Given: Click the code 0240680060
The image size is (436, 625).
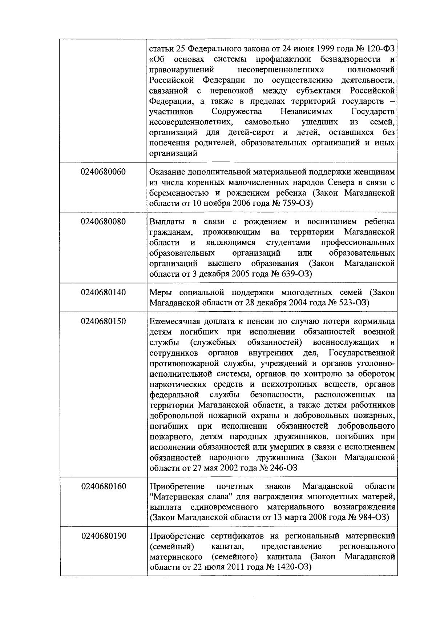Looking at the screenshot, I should point(104,172).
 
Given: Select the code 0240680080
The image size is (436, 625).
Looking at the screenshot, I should point(104,222).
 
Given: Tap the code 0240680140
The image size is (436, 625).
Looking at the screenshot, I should point(104,292).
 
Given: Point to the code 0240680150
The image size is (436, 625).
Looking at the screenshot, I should point(104,321).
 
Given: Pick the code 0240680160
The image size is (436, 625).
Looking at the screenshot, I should point(104,486).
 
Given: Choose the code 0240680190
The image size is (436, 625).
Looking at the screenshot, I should point(104,536).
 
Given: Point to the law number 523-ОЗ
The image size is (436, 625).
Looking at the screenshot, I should point(354,303).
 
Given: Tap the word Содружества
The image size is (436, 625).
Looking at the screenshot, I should point(237,111).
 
